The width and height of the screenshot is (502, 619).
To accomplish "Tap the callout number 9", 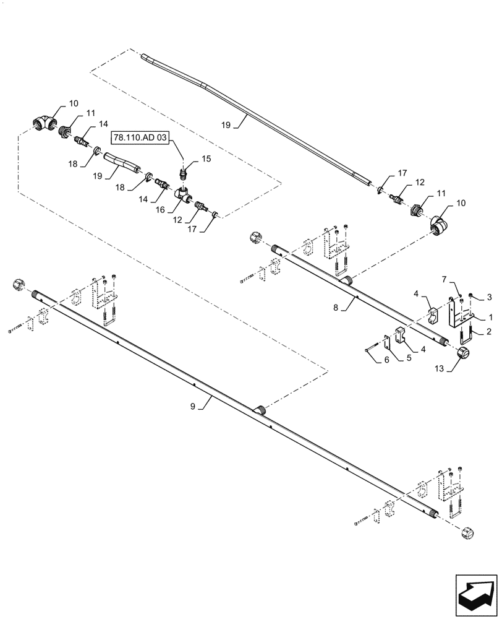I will (193, 406).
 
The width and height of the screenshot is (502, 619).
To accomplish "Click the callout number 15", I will (206, 159).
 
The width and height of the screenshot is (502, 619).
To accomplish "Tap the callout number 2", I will (489, 332).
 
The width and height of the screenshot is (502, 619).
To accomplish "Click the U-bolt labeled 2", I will (467, 335).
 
